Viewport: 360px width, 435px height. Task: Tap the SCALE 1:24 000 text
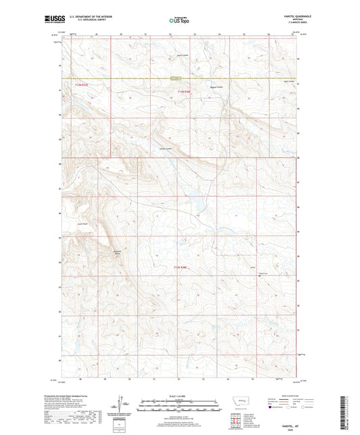[180, 396]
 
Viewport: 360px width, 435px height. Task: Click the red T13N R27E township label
[82, 85]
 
